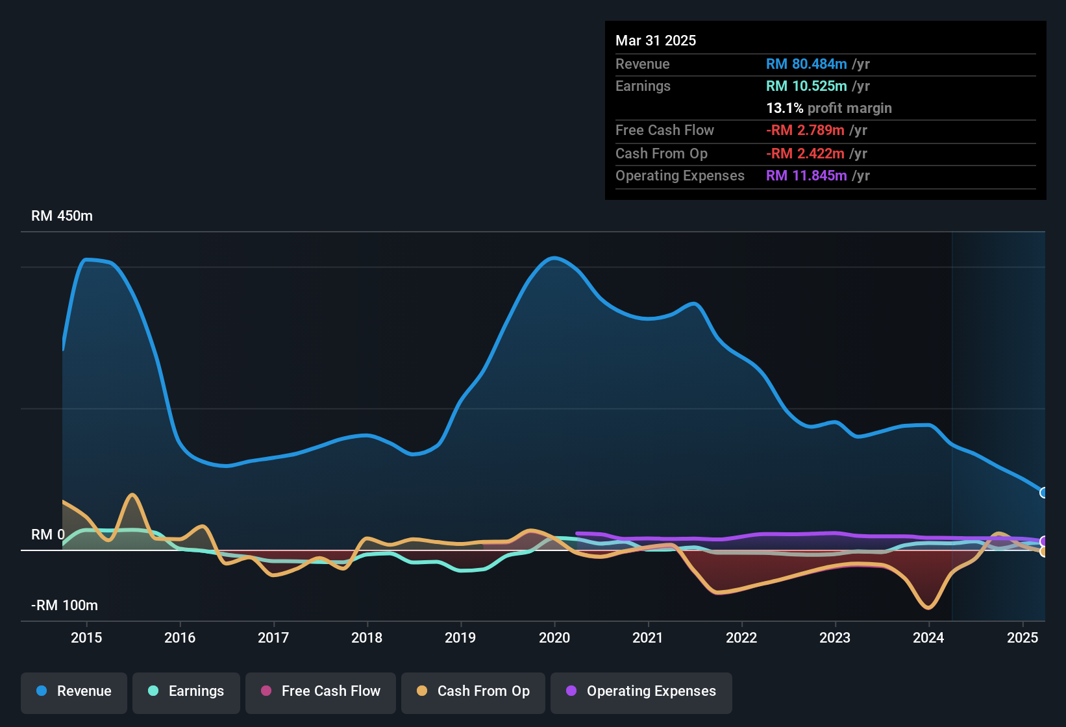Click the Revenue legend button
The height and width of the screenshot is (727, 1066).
pyautogui.click(x=74, y=691)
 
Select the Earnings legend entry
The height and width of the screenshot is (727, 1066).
pyautogui.click(x=186, y=691)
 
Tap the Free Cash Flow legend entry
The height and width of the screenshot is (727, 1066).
pyautogui.click(x=321, y=691)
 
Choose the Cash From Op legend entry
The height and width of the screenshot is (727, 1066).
pyautogui.click(x=473, y=691)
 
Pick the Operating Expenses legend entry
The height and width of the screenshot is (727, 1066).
pyautogui.click(x=641, y=691)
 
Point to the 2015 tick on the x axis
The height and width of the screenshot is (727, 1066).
pyautogui.click(x=86, y=637)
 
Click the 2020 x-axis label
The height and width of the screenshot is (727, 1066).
pyautogui.click(x=554, y=637)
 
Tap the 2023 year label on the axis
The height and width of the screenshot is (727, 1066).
pyautogui.click(x=835, y=637)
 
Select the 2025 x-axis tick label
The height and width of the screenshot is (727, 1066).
pyautogui.click(x=1023, y=637)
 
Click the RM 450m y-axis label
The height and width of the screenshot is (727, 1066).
pyautogui.click(x=62, y=216)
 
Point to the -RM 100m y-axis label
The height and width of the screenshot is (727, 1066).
pyautogui.click(x=64, y=606)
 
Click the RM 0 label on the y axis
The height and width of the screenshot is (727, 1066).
pyautogui.click(x=48, y=535)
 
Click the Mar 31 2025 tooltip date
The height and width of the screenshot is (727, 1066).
pyautogui.click(x=656, y=40)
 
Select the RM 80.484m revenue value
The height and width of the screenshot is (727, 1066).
pyautogui.click(x=806, y=64)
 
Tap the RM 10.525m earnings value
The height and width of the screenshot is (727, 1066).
pyautogui.click(x=806, y=86)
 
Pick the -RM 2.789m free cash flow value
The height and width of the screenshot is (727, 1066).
pyautogui.click(x=805, y=130)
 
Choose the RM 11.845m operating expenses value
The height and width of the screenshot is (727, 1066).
pyautogui.click(x=806, y=175)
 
